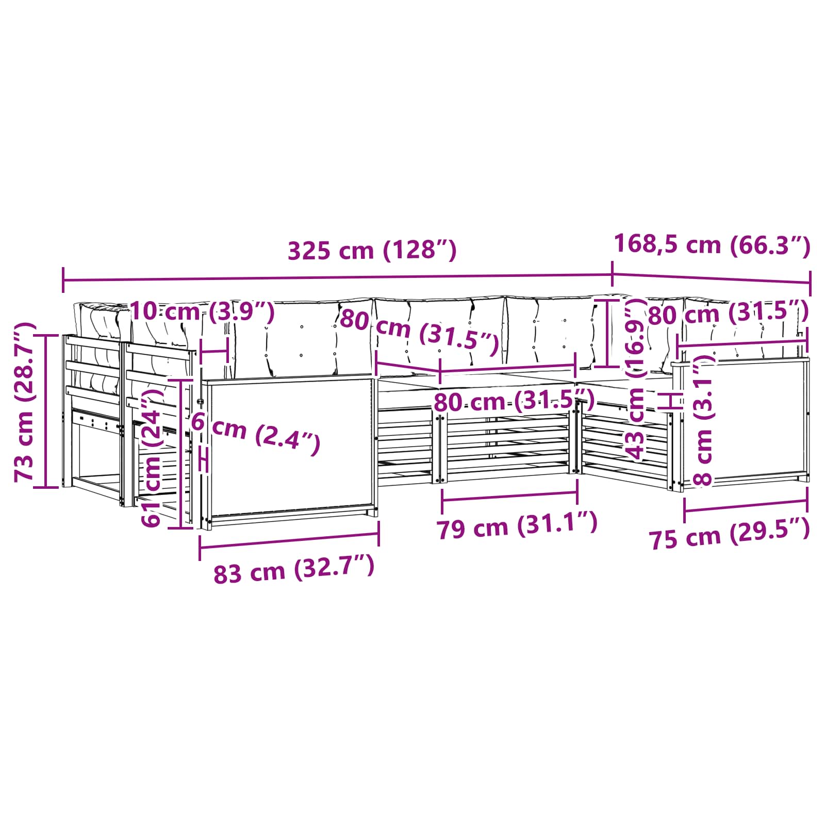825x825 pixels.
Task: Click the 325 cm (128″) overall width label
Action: [x=372, y=251]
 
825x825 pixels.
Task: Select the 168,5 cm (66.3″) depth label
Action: [x=712, y=244]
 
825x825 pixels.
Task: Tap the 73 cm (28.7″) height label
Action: [x=25, y=402]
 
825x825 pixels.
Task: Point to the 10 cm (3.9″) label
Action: [x=202, y=311]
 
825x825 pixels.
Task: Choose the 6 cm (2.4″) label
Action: [x=256, y=433]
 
